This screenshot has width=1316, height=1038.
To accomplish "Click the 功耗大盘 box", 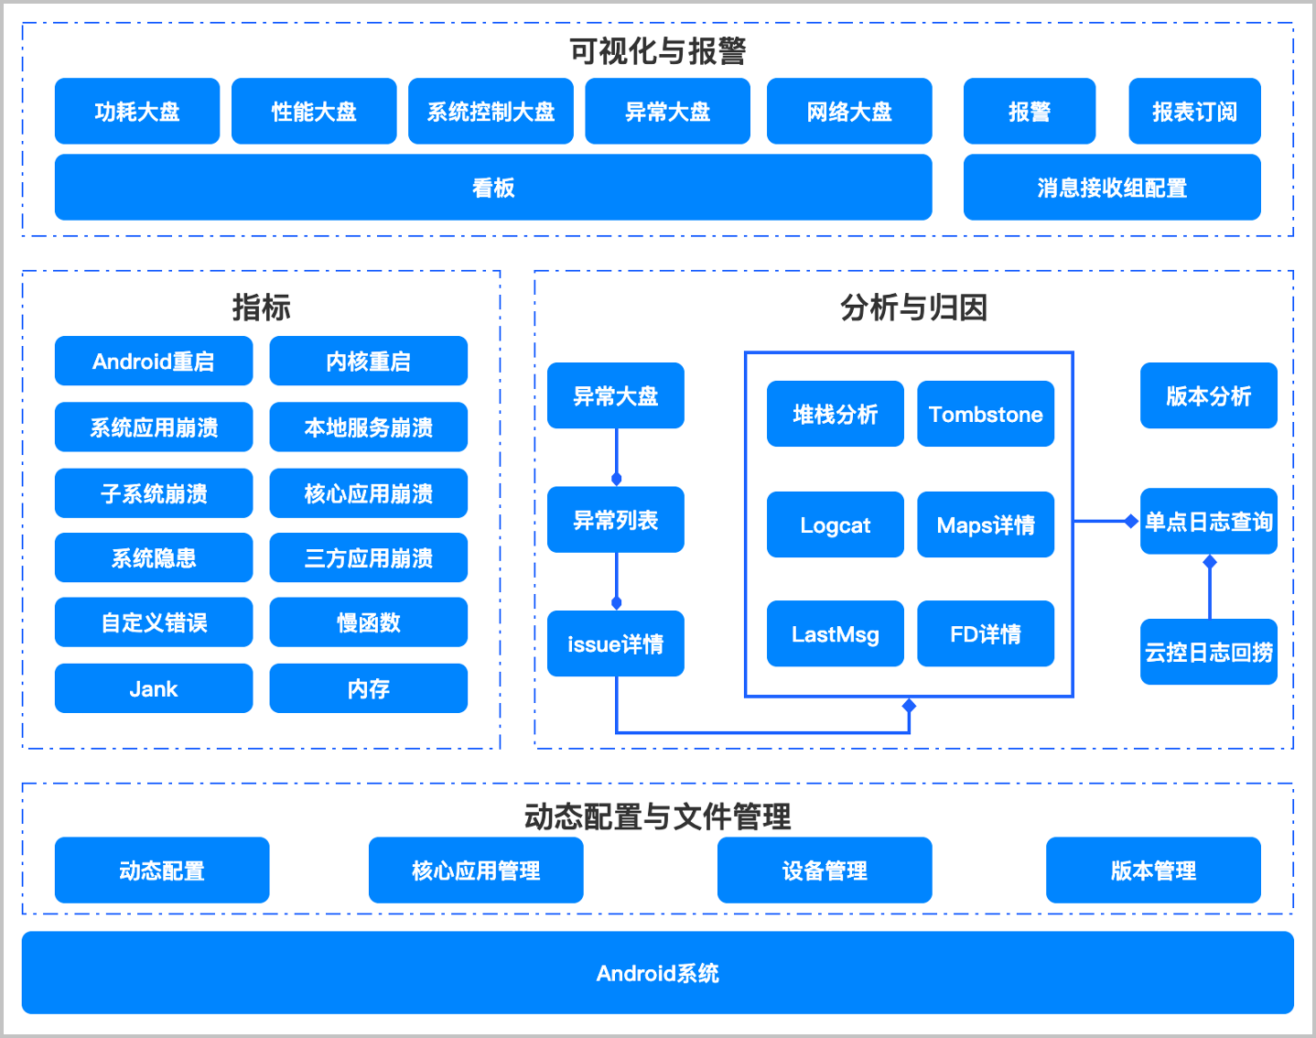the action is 137,111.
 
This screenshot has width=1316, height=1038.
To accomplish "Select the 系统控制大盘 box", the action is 491,111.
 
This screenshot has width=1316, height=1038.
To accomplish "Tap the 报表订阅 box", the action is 1194,111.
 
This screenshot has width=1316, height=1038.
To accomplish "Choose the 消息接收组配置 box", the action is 1112,187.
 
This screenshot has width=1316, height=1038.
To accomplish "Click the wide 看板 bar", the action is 493,187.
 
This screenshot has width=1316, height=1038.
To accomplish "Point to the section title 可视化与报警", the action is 657,50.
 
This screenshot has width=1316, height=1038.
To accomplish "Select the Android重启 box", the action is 154,361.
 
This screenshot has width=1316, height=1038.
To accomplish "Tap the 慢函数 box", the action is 368,622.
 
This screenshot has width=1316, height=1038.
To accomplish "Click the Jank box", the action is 154,688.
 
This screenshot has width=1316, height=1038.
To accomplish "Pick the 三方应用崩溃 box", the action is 368,557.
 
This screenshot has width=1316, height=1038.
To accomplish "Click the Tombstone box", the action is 985,414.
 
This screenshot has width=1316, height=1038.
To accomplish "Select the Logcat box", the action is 835,524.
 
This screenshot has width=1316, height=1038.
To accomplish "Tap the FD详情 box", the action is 985,633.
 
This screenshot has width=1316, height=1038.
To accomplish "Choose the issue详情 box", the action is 615,643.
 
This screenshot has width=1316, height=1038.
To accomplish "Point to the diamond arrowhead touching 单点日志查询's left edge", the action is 1131,521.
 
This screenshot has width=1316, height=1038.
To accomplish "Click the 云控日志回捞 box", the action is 1208,652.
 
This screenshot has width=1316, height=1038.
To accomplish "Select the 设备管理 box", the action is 825,870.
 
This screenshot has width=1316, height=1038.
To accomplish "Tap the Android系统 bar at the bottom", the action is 657,972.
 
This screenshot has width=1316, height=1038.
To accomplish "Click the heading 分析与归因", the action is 913,307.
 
